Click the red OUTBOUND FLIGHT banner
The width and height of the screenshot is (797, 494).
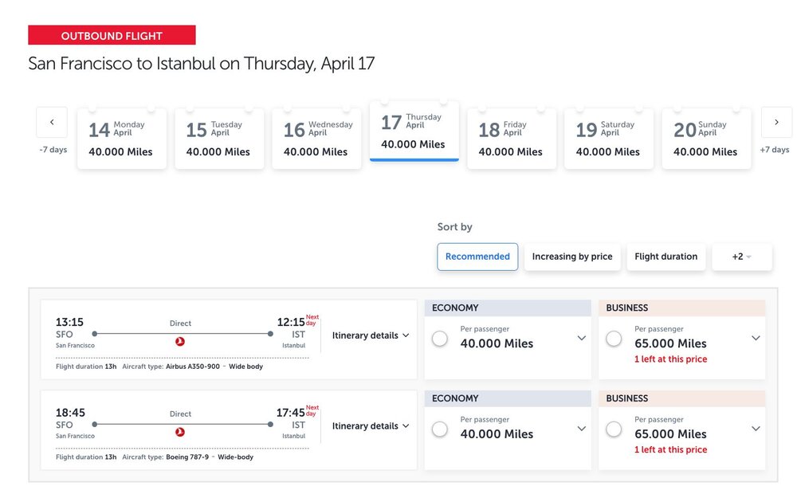pos(112,36)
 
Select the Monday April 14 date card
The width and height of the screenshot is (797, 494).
pos(122,139)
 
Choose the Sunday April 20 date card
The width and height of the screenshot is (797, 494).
pos(706,139)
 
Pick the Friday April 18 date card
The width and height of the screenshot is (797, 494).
pos(511,139)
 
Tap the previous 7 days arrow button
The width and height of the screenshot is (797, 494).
pos(52,122)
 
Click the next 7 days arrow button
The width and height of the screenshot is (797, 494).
pos(776,122)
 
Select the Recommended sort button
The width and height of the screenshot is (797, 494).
pos(477,257)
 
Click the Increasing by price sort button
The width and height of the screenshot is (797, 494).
pos(572,257)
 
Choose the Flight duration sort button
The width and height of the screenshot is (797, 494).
pos(665,257)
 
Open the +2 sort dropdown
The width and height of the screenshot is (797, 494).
pos(742,257)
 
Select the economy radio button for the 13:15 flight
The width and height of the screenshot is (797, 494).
pos(439,339)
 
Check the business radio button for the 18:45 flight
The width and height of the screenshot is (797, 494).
pos(614,429)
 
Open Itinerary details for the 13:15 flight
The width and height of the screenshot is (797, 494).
pos(371,335)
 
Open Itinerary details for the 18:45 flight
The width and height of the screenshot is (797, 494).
pos(371,426)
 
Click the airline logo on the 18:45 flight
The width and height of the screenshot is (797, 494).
pos(180,432)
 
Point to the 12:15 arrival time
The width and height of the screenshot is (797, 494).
pos(291,323)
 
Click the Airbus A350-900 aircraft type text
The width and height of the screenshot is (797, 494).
pos(194,367)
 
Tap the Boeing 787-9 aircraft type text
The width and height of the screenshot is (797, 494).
pos(188,457)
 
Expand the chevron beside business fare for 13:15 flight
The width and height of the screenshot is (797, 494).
pos(756,338)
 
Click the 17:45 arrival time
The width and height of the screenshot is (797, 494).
pos(291,414)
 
